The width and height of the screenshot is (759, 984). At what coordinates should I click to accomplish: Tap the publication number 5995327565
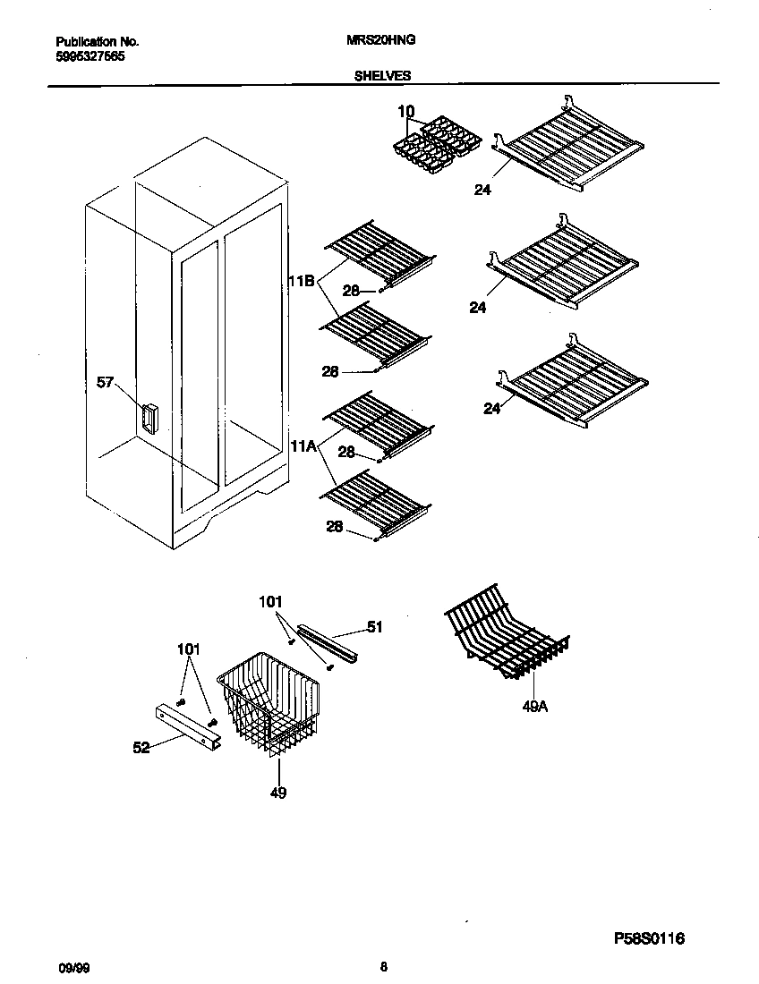[90, 55]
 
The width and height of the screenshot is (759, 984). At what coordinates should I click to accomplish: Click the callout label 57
[107, 383]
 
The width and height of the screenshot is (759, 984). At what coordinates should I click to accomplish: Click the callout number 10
[405, 111]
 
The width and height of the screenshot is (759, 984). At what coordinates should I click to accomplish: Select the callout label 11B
[301, 281]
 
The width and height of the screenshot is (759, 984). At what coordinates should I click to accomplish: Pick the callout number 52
[141, 748]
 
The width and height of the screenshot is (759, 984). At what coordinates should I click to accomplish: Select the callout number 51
[374, 627]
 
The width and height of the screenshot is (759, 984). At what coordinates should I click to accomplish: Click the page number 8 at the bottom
[383, 966]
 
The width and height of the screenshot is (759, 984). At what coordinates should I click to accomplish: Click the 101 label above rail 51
[269, 602]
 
